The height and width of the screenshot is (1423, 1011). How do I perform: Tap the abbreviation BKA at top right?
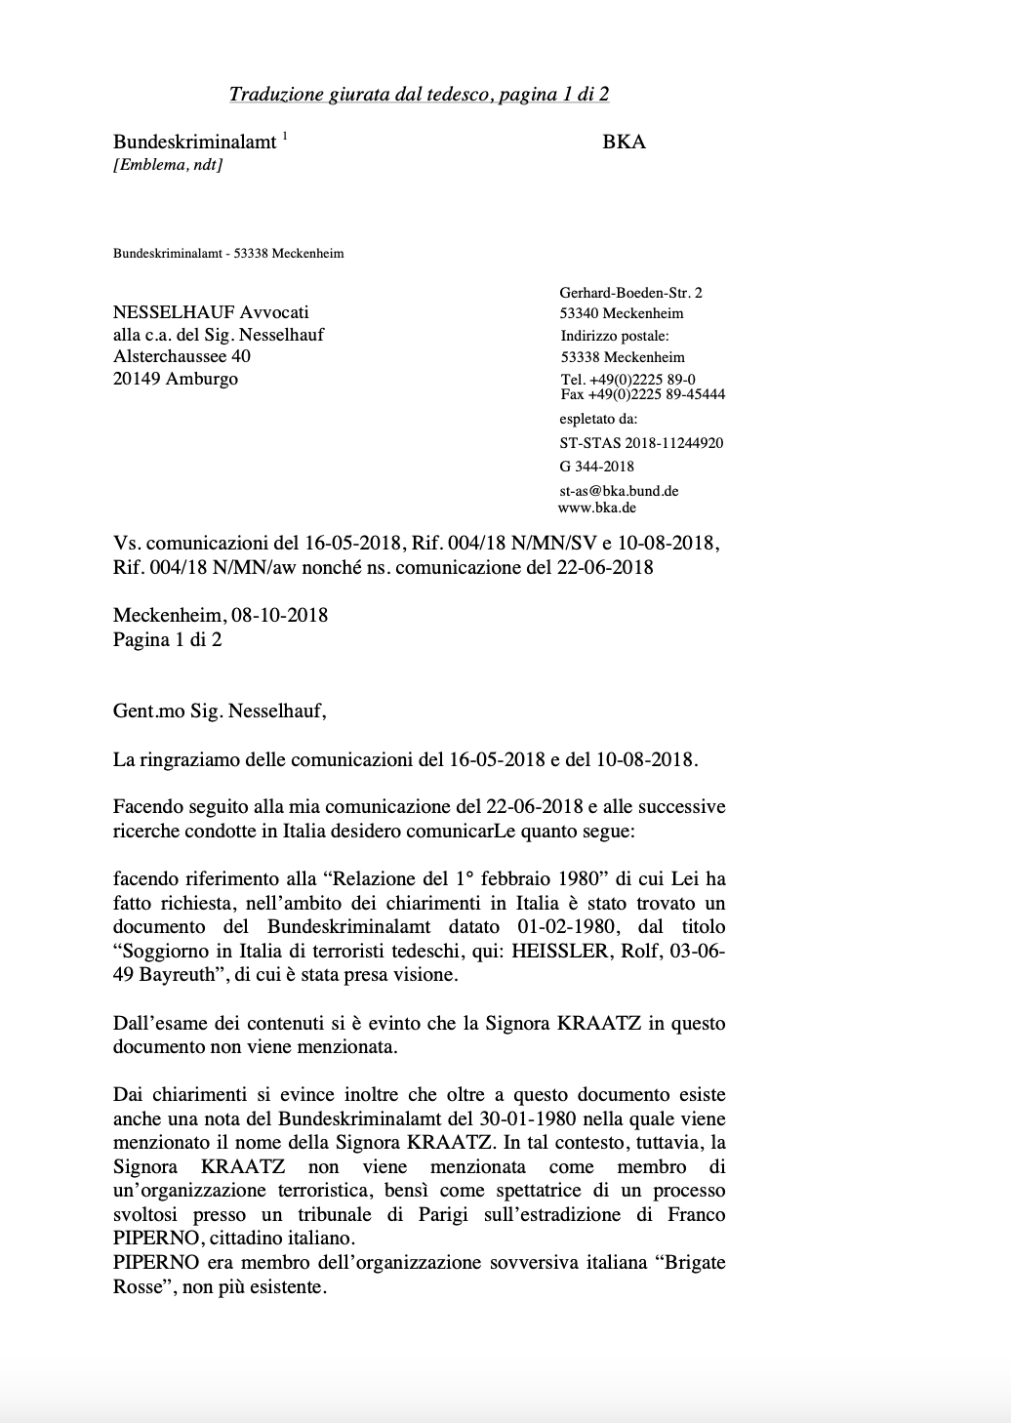[625, 142]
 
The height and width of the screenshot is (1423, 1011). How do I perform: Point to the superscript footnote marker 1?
[285, 137]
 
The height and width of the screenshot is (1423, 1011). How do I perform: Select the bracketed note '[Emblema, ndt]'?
[168, 165]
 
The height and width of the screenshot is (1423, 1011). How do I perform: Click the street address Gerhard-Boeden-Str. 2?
[630, 293]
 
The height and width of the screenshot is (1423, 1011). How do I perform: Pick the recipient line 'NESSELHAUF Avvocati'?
[211, 312]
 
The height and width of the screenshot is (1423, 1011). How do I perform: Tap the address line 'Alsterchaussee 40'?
[182, 356]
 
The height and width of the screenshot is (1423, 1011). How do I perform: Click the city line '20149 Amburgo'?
[176, 379]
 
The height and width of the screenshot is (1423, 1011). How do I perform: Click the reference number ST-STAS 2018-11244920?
[641, 443]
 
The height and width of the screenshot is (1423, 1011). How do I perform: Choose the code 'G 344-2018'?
[596, 467]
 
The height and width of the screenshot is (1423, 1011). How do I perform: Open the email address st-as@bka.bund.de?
[619, 491]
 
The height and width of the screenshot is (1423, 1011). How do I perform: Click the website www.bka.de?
[597, 508]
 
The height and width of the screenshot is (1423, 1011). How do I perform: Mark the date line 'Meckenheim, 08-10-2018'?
[221, 616]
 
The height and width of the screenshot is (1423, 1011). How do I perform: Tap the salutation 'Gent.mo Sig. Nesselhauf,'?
[220, 711]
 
